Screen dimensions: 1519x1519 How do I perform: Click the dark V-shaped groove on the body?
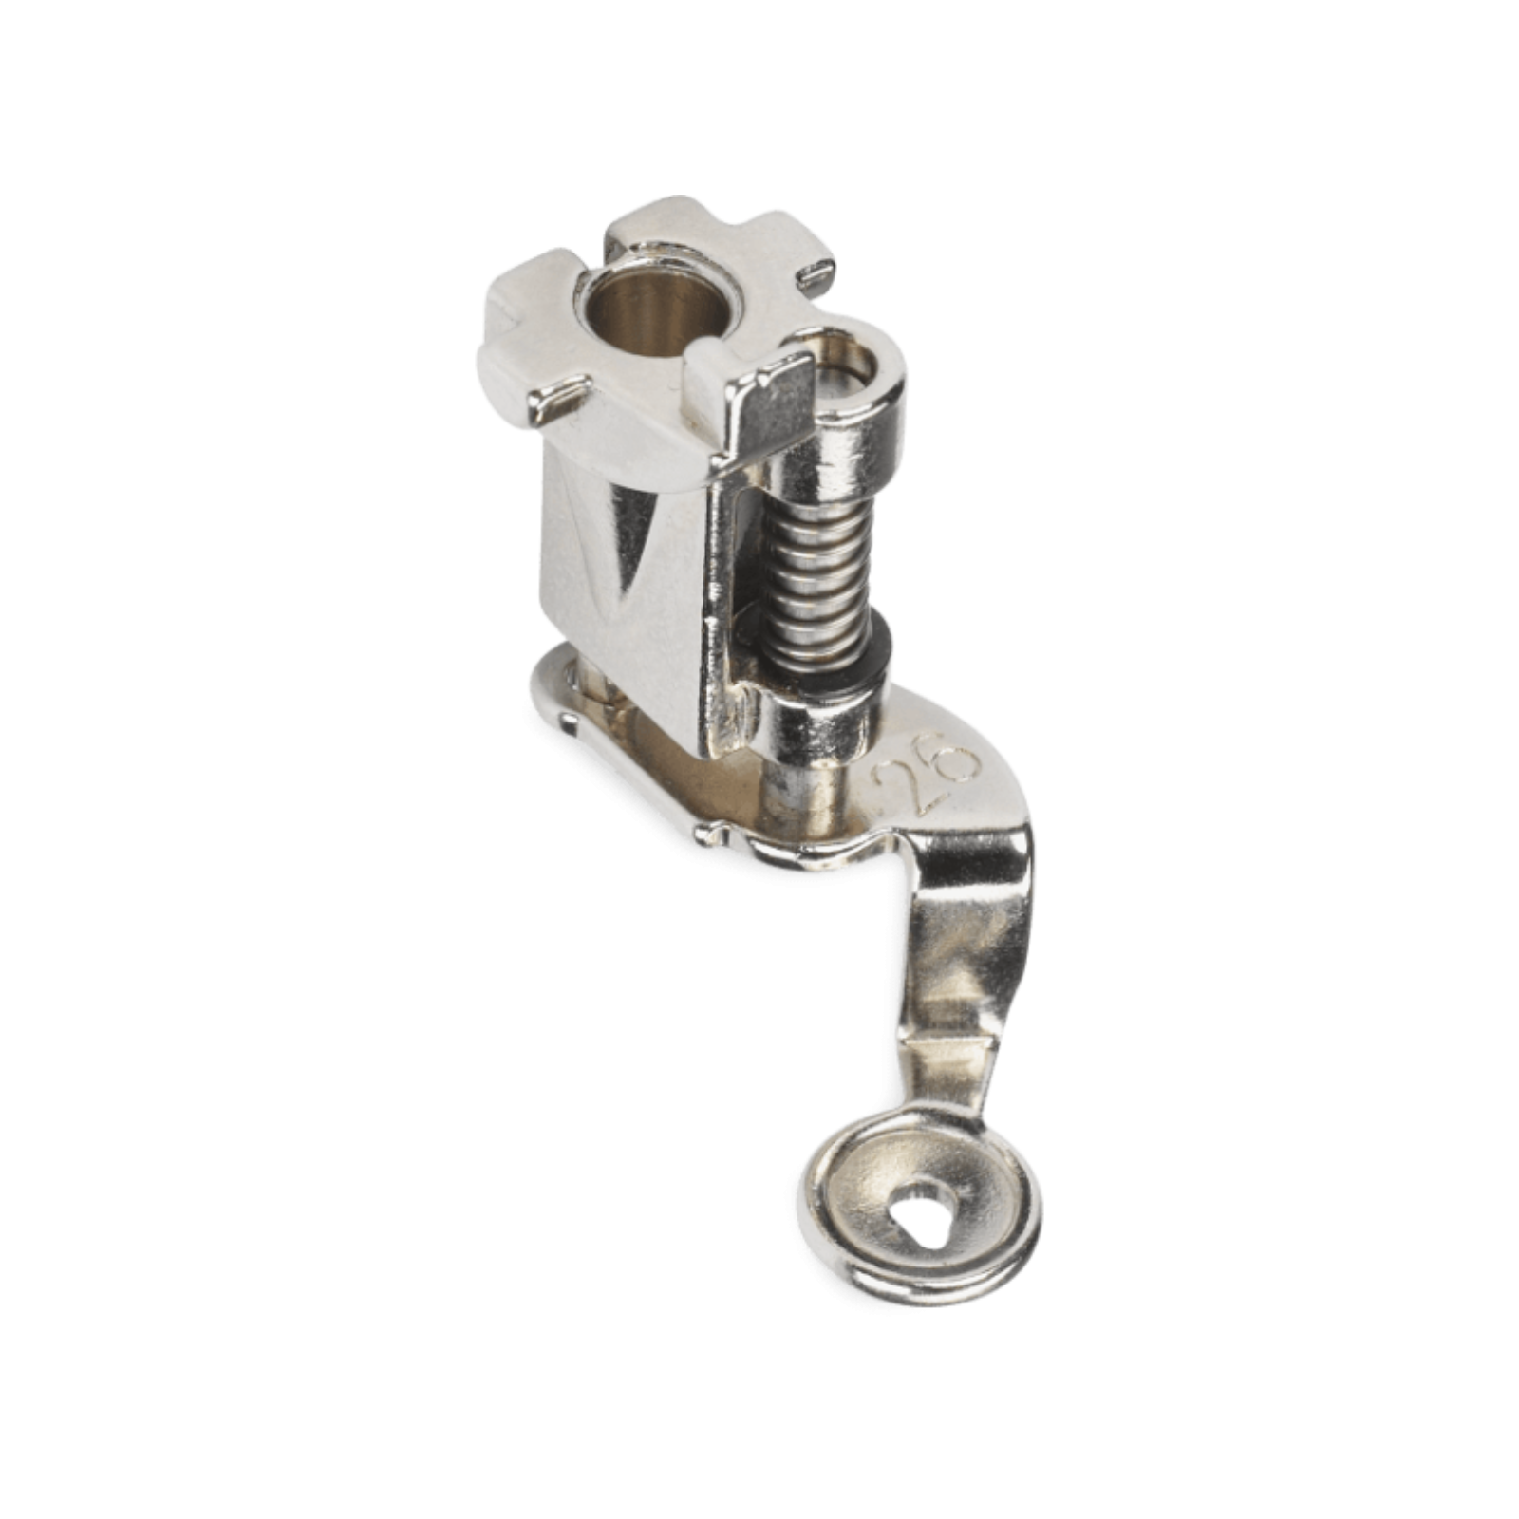click(622, 541)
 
